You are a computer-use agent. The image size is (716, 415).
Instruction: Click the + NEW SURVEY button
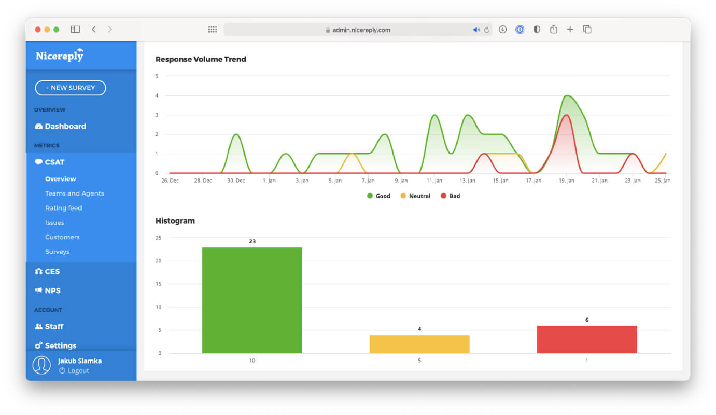tap(71, 88)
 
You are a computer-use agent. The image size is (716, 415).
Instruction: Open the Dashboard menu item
tap(61, 126)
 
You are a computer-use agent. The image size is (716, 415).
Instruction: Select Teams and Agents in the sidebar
tap(75, 193)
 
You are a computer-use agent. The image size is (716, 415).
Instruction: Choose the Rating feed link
tap(64, 208)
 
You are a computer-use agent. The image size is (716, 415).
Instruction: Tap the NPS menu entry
tap(48, 290)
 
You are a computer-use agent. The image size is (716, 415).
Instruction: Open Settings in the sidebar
tap(55, 345)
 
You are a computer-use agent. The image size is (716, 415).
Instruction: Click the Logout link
tap(74, 370)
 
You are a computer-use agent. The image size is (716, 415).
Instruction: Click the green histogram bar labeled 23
tap(252, 300)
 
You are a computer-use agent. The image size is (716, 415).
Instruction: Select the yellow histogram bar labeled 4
tap(419, 344)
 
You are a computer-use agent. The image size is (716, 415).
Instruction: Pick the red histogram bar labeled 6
tap(587, 339)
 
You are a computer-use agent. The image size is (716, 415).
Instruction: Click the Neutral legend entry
tap(415, 196)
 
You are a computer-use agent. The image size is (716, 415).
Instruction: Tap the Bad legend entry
tap(450, 196)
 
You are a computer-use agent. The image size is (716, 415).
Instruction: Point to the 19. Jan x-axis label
tap(566, 181)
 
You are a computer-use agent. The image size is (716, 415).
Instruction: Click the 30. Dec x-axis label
tap(236, 181)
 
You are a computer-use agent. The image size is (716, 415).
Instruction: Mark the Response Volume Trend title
tap(201, 59)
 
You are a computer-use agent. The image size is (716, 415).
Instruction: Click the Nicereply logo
tap(60, 56)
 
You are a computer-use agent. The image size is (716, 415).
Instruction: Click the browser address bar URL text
tap(361, 30)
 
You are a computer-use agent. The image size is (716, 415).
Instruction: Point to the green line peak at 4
tap(567, 95)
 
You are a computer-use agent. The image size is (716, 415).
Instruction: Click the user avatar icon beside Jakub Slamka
tap(41, 365)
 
